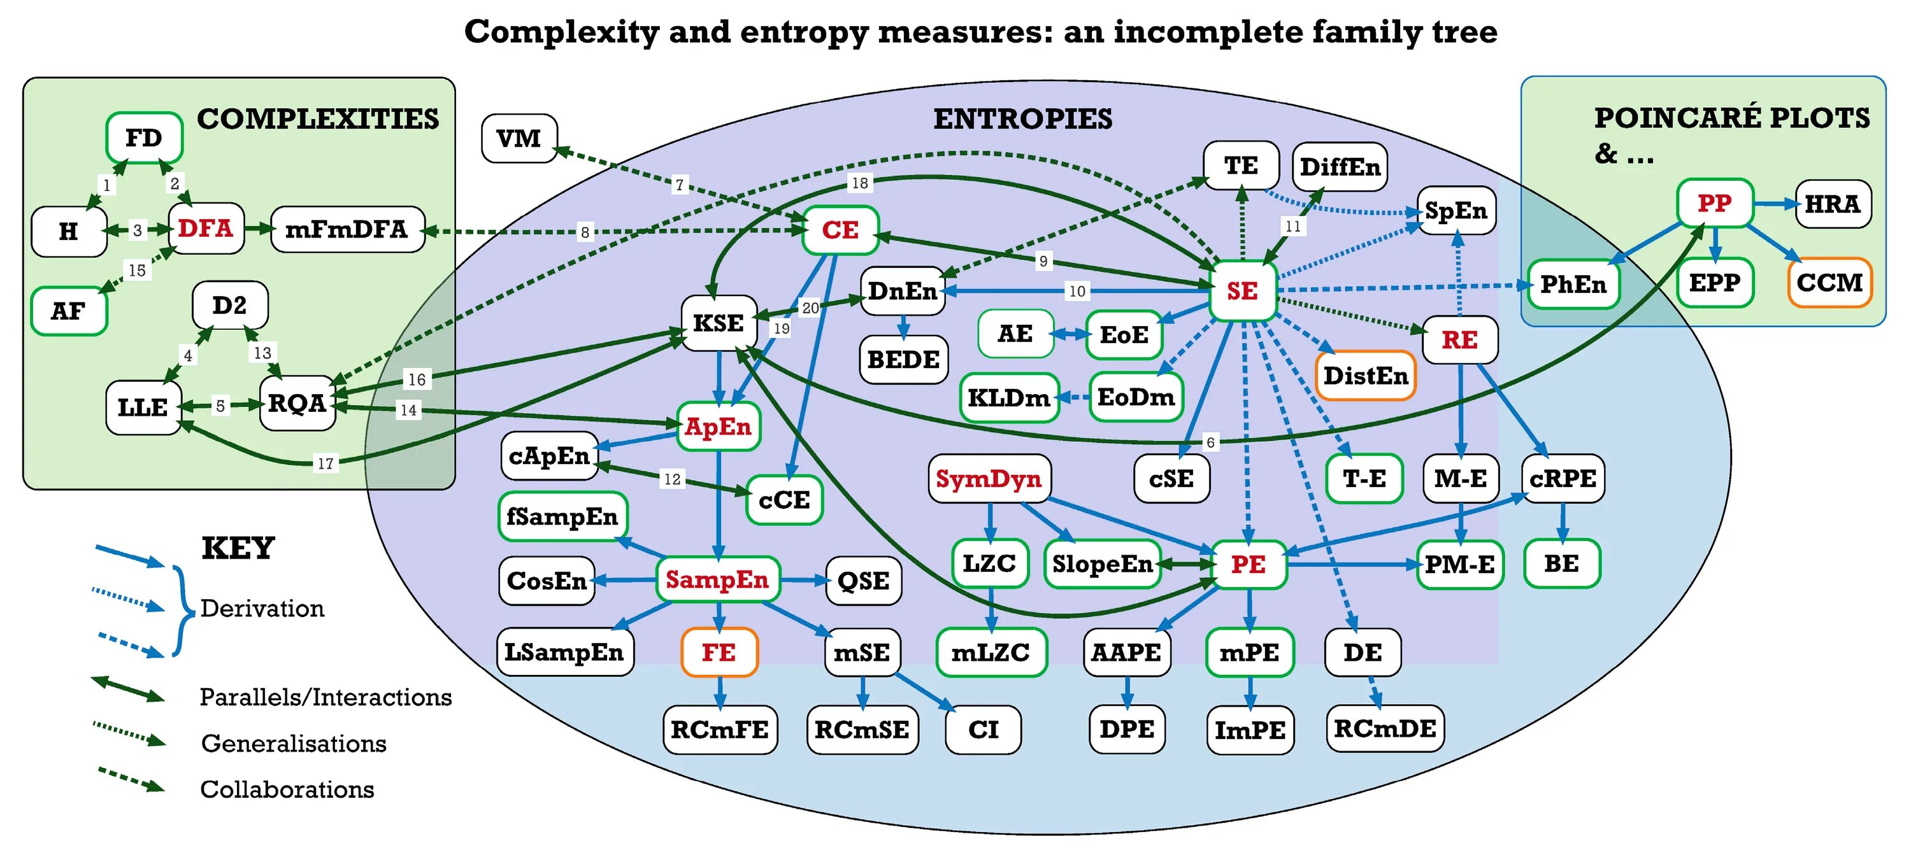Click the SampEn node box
[x=717, y=579]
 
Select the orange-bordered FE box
[x=719, y=653]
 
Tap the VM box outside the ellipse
[x=519, y=138]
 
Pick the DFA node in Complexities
[x=206, y=229]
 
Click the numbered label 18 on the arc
[x=860, y=183]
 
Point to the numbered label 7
[x=679, y=185]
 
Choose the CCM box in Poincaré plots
[x=1829, y=283]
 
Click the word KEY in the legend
[x=238, y=548]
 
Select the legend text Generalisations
[x=294, y=743]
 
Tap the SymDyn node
[x=989, y=479]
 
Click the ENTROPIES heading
[x=1022, y=118]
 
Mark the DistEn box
[x=1366, y=376]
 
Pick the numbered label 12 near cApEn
[x=672, y=479]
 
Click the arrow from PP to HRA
[x=1775, y=203]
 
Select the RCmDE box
[x=1385, y=729]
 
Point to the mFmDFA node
[x=347, y=230]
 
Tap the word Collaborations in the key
[x=287, y=789]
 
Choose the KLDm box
[x=1009, y=398]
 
